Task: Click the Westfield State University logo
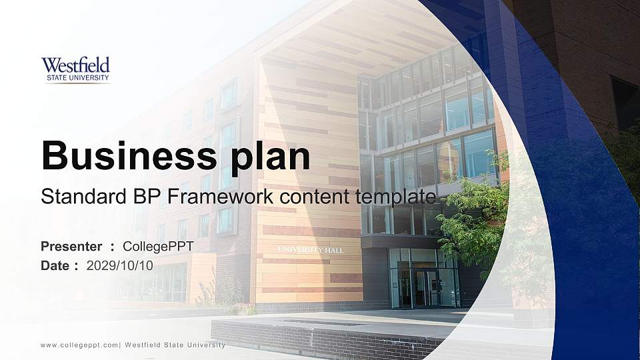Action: click(x=75, y=70)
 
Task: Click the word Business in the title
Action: click(x=129, y=155)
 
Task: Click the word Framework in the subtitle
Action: click(x=220, y=196)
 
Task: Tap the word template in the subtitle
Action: click(x=395, y=198)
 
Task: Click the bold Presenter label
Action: click(x=71, y=247)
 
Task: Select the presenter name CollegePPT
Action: click(x=158, y=247)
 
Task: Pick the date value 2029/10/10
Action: click(x=119, y=266)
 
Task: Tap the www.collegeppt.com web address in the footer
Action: click(x=79, y=345)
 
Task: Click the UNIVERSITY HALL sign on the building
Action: click(x=311, y=250)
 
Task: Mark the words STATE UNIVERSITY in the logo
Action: click(x=77, y=77)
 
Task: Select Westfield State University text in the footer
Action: click(x=175, y=345)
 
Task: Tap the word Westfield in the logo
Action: click(x=75, y=65)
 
